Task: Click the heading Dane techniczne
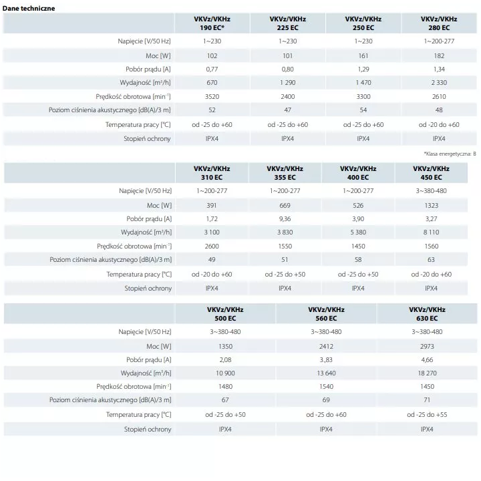29,8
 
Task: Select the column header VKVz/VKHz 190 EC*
212,23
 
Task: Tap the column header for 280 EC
439,23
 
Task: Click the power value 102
212,56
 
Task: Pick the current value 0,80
287,69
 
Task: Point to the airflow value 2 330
439,83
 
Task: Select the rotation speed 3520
212,97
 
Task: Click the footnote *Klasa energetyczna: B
450,154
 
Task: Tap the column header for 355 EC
285,173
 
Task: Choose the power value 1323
432,206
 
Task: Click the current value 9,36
285,219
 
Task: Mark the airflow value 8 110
432,232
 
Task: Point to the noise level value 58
358,259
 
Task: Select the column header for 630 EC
427,314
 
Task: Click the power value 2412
326,346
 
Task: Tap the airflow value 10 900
225,373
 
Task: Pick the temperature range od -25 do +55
427,415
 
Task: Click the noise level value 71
427,400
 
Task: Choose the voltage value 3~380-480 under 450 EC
432,191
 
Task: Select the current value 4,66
427,360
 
